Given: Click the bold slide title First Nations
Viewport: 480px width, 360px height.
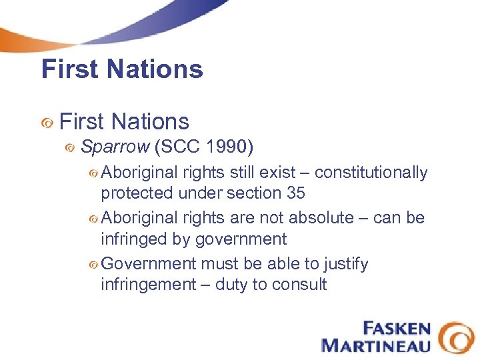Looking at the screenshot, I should [122, 69].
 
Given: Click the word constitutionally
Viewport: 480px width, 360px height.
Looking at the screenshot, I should [371, 173].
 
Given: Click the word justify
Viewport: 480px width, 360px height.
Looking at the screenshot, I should [345, 265].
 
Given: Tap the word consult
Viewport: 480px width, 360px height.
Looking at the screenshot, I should [301, 285].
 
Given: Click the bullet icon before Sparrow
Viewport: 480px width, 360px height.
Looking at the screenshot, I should [70, 148].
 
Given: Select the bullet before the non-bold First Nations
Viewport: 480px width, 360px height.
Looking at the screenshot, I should [47, 123].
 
